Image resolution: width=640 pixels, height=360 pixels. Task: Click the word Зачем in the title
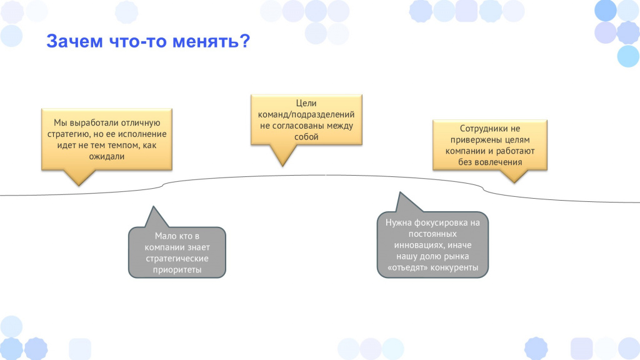click(75, 41)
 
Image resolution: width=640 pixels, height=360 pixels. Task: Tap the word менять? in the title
click(211, 41)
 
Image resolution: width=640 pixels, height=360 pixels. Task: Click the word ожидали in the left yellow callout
click(106, 156)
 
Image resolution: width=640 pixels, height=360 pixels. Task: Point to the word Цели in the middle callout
click(306, 103)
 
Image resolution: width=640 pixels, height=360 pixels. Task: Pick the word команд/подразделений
click(306, 115)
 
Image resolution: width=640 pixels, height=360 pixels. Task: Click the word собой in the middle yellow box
click(306, 137)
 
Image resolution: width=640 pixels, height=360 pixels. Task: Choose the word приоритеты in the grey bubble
click(177, 270)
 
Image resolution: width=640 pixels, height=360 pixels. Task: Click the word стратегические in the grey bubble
click(177, 258)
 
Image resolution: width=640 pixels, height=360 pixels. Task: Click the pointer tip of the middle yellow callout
click(282, 166)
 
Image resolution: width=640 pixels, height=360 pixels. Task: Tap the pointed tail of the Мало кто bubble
click(154, 206)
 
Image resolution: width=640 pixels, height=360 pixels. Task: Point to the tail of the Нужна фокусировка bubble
click(400, 192)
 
